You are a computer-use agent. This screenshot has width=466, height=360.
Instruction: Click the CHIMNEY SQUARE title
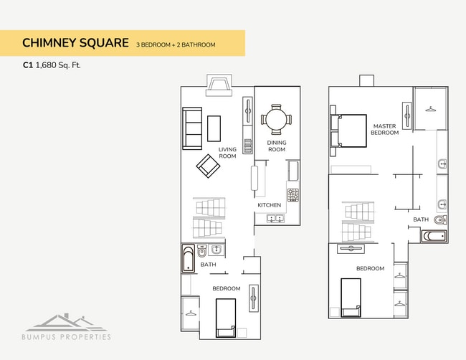point(75,43)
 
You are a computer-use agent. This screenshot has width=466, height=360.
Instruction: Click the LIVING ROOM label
point(227,153)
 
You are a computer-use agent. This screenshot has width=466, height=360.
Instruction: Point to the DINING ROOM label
point(277,146)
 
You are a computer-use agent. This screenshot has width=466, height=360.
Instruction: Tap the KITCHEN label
point(270,205)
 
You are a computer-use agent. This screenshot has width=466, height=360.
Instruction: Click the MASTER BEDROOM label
point(384,129)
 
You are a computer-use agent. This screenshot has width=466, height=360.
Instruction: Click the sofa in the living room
point(192,128)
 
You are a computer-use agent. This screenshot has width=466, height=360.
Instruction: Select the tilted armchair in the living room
point(208,168)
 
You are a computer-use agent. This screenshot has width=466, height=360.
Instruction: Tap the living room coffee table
point(214,128)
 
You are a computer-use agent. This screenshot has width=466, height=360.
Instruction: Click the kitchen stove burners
point(293,194)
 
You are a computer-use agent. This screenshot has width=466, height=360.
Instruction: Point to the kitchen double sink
point(276,218)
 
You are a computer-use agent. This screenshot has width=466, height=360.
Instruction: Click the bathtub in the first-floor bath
point(189,258)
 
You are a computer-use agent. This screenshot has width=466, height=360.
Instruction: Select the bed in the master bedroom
point(348,131)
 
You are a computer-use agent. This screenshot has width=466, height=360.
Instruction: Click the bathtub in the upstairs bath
point(434,235)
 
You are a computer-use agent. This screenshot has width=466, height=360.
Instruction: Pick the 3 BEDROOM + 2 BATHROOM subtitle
point(176,44)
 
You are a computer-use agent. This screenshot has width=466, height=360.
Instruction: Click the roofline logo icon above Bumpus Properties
point(65,321)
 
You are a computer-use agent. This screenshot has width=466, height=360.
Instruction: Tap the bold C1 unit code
point(28,65)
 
